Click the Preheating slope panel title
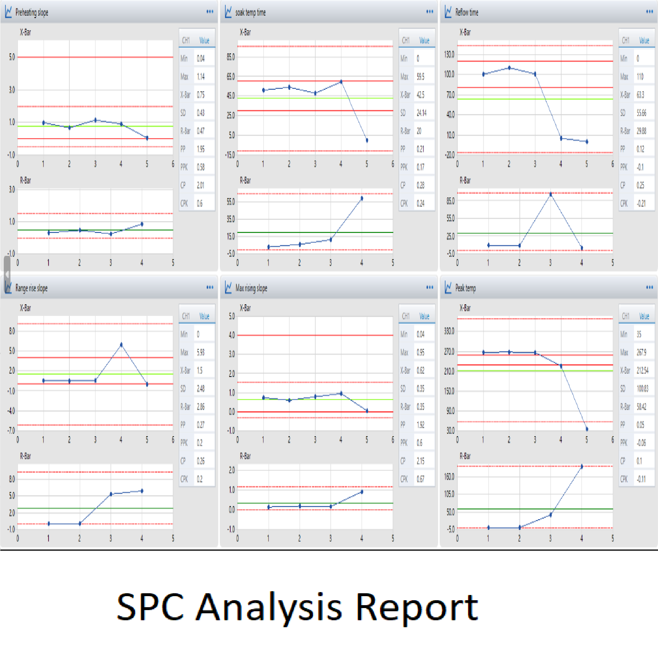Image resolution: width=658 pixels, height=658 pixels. pos(32,12)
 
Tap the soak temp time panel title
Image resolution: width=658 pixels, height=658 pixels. pos(250,12)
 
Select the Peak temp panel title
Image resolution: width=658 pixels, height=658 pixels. pos(465,288)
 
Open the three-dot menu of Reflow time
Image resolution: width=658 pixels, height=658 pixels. pos(649,12)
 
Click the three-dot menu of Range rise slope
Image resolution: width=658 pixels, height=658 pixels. pos(210,287)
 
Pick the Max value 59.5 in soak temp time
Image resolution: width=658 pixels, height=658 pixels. pos(421,77)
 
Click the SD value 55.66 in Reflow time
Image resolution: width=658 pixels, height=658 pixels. pos(641,113)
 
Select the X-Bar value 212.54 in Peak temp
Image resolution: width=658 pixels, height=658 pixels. pos(642,371)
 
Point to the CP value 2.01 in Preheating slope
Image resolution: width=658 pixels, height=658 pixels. pos(201,185)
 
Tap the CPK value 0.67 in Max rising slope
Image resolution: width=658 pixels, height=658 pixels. pos(421,479)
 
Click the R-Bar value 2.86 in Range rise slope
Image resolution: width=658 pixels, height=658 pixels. pos(201,407)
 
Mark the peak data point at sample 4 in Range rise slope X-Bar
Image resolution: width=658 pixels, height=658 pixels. pos(121,345)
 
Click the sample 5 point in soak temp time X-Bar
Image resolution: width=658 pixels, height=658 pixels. pos(367,140)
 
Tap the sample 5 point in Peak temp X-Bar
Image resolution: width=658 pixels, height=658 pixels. pos(587,429)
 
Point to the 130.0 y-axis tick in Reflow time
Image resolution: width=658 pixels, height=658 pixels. pos(449,55)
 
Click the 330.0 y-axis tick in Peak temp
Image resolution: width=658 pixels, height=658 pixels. pos(449,331)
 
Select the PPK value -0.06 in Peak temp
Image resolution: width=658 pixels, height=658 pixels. pos(641,443)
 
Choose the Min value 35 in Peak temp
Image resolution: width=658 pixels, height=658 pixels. pos(639,335)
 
